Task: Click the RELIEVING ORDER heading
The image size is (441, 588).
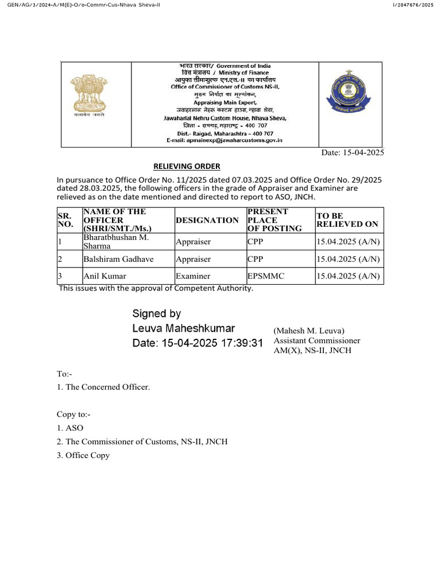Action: [187, 167]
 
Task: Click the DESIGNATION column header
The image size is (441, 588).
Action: [207, 220]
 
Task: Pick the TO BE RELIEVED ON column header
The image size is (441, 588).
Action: [347, 220]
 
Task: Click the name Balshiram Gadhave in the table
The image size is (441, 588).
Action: [118, 259]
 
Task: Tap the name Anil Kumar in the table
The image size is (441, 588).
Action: [105, 276]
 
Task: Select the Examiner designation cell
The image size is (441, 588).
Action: [193, 276]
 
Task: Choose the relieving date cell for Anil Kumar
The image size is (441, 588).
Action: [348, 276]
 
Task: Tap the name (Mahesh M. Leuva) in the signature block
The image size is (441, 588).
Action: [309, 330]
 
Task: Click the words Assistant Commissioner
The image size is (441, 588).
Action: [317, 341]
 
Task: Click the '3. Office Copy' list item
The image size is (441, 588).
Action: [83, 455]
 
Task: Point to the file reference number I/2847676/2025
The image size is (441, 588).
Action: [414, 5]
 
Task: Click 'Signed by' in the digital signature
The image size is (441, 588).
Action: [156, 314]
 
